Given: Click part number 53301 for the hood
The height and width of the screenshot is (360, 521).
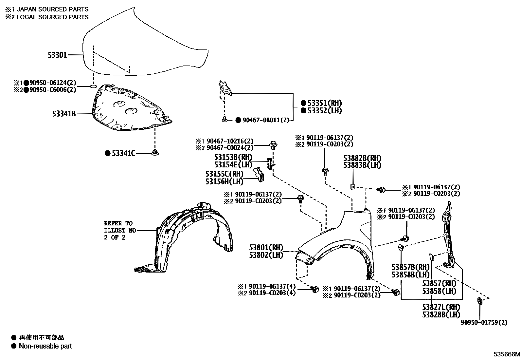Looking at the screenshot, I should (57, 55).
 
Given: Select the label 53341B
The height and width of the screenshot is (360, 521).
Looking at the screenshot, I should (64, 114).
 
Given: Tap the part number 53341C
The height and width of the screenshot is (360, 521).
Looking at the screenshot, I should (123, 153).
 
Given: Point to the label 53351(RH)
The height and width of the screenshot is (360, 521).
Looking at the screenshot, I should (324, 103).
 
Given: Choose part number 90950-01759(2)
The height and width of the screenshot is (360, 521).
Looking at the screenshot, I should (484, 322).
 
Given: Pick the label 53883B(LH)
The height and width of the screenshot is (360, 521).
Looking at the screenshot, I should (362, 165).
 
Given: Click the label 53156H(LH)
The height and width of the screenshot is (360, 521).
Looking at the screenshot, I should (225, 181).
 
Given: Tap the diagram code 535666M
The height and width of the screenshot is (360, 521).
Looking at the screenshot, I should (507, 354).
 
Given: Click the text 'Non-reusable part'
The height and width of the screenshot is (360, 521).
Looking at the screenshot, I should (45, 346).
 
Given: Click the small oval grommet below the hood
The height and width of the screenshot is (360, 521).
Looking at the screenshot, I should (93, 87).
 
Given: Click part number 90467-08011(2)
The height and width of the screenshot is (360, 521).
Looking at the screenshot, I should (266, 120).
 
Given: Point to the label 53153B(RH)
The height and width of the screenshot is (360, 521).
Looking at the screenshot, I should (233, 157).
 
